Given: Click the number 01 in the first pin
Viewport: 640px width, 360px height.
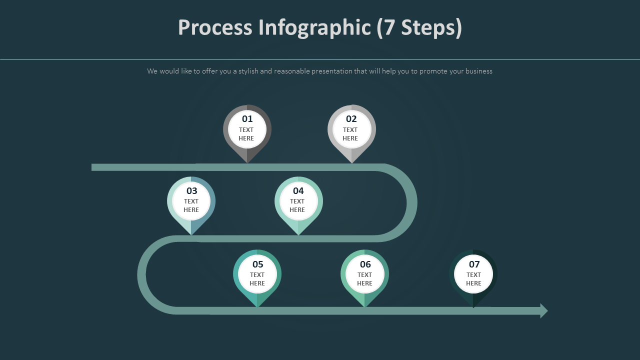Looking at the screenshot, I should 247,119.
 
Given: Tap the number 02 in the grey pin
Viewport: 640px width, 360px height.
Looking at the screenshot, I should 351,119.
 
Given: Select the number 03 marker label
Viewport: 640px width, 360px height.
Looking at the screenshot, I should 192,191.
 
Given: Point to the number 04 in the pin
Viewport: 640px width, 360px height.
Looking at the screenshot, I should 298,191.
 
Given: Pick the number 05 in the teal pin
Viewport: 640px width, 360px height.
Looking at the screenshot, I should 257,264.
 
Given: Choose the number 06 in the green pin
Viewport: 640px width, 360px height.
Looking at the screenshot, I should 365,264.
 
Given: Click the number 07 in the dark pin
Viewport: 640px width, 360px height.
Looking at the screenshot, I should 474,264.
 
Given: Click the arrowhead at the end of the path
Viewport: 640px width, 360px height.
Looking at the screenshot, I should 544,311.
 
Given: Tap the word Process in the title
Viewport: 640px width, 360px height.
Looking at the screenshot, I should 215,27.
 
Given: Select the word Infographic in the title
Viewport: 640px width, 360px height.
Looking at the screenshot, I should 314,27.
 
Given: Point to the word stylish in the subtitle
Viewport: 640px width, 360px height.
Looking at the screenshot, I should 248,71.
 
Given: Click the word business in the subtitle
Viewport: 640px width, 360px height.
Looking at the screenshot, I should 478,71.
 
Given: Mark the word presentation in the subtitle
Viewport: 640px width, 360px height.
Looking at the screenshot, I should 331,71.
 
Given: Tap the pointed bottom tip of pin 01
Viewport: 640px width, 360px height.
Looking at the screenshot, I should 247,162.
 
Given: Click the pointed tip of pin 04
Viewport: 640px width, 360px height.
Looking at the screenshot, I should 298,234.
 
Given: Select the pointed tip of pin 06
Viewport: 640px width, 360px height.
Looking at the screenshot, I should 364,306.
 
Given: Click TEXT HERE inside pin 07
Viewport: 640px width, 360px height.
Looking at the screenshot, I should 473,279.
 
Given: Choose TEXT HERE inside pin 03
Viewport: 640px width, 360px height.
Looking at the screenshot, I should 191,205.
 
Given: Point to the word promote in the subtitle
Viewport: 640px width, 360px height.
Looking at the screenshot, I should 433,71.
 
